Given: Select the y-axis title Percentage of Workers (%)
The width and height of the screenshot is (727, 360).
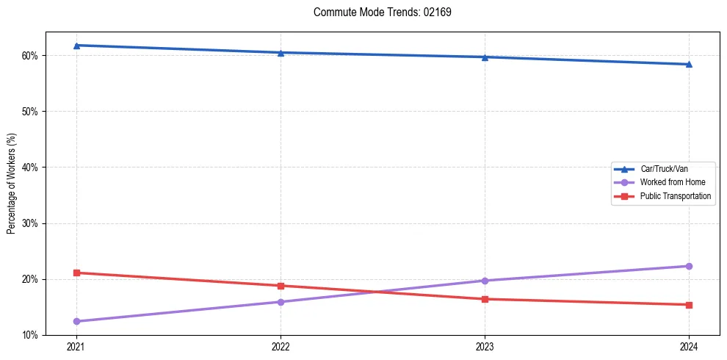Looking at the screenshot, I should [x=11, y=184].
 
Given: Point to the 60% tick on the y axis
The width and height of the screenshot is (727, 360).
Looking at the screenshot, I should [x=30, y=56].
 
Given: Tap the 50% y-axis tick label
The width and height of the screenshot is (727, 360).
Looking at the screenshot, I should [x=30, y=112].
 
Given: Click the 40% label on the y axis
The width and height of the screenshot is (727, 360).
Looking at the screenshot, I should [x=30, y=168].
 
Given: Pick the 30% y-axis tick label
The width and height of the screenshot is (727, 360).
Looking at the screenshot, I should [x=30, y=223].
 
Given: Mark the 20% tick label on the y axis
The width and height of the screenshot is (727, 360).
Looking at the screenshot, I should [x=30, y=279].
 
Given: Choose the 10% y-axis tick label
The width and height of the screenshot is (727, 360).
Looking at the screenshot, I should [x=30, y=335].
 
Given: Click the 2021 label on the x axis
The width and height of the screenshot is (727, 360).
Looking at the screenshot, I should [x=76, y=346].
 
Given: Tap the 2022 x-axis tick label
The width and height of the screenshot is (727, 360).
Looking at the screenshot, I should [x=281, y=346].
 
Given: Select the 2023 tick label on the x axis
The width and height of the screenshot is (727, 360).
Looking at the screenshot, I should [x=485, y=346].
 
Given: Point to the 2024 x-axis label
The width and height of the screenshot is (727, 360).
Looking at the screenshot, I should [x=689, y=346].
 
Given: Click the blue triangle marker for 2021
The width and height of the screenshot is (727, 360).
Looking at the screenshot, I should [x=76, y=46].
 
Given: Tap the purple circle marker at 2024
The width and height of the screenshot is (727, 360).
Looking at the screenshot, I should [x=689, y=266].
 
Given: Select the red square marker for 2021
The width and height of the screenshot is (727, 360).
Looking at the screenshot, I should [x=76, y=273].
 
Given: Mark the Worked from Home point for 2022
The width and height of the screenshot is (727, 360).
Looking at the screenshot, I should [x=281, y=302].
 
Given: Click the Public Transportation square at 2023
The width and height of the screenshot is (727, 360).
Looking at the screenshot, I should [x=485, y=299].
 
